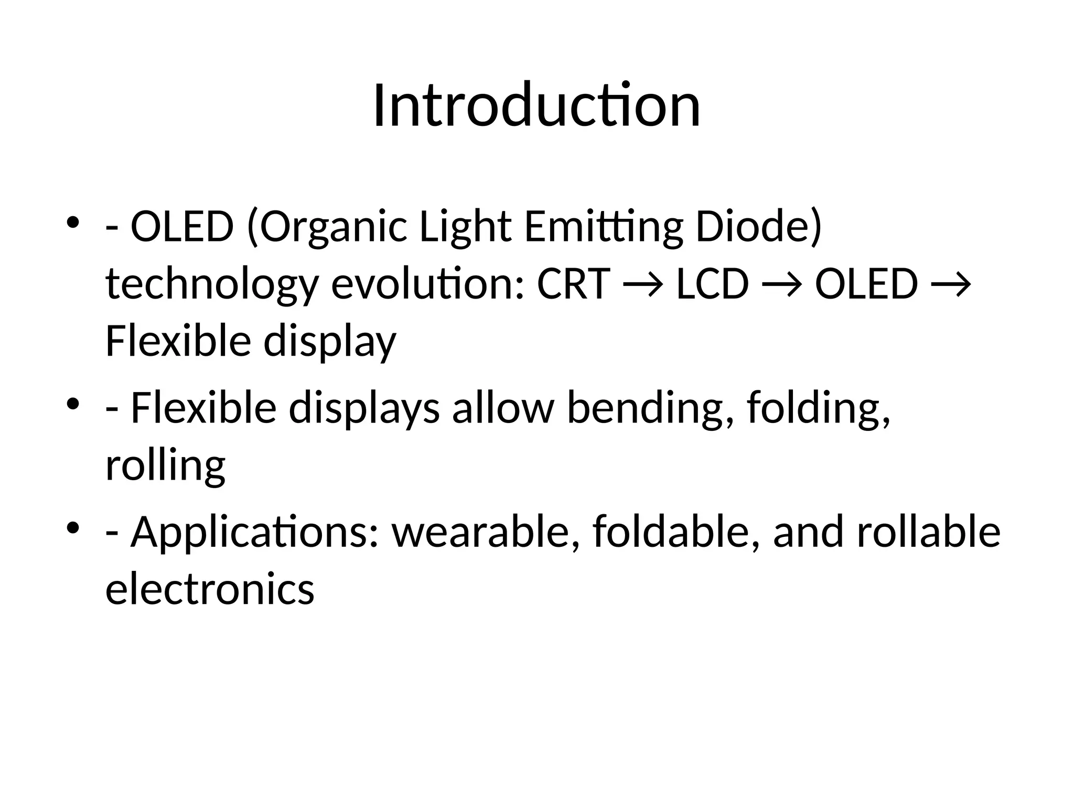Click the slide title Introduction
pyautogui.click(x=536, y=106)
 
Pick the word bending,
pyautogui.click(x=650, y=409)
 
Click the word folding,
pyautogui.click(x=818, y=409)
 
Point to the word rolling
pyautogui.click(x=165, y=466)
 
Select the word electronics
pyautogui.click(x=210, y=589)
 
